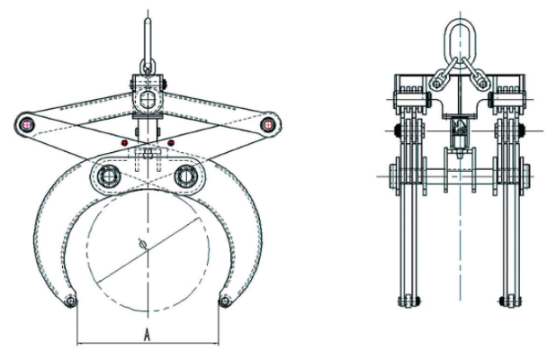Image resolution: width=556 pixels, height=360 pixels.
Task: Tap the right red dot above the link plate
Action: pyautogui.click(x=171, y=143)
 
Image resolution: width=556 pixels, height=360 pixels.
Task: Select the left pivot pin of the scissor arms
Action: pyautogui.click(x=30, y=122)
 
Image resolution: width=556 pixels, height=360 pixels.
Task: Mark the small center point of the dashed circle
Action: pyautogui.click(x=141, y=244)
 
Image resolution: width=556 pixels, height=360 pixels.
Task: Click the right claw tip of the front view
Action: pyautogui.click(x=225, y=300)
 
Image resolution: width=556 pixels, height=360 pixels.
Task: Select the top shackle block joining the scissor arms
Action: pyautogui.click(x=148, y=89)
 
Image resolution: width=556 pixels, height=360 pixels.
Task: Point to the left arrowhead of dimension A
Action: pyautogui.click(x=79, y=343)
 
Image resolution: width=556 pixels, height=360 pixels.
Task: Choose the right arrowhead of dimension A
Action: pyautogui.click(x=219, y=343)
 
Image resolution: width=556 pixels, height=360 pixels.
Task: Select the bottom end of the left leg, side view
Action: pyautogui.click(x=410, y=300)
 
